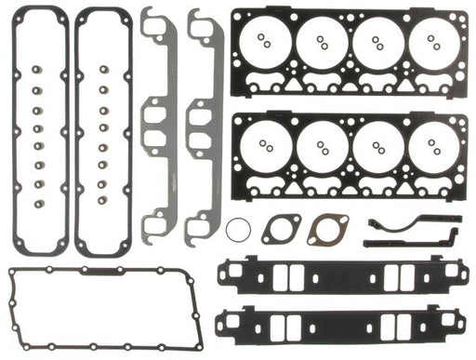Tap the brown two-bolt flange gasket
coord(325,229)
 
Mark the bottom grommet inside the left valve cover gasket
coord(39,205)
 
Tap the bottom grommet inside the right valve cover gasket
coord(103,205)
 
